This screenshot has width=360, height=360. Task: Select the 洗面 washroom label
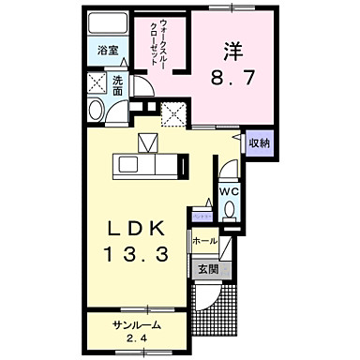click(x=118, y=85)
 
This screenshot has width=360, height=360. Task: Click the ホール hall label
click(x=204, y=241)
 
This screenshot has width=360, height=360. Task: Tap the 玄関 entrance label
click(x=207, y=268)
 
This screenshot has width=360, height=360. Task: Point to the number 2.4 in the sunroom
click(x=138, y=339)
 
